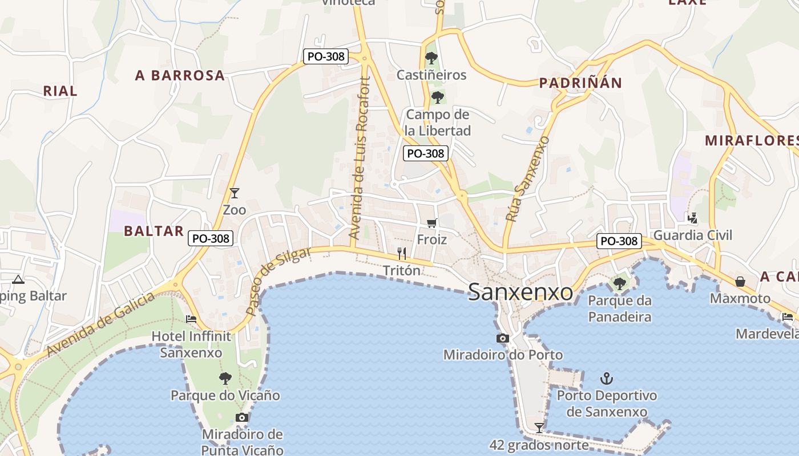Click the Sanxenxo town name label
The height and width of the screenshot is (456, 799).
(520, 292)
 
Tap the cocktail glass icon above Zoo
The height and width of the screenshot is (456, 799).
(234, 193)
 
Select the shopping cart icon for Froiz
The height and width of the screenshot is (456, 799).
(431, 223)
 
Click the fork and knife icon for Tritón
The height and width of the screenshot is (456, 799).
(402, 254)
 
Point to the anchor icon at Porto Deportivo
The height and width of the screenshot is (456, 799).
(607, 378)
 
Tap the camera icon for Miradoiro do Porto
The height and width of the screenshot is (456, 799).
(502, 339)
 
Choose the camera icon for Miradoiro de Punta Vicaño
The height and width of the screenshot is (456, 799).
(242, 418)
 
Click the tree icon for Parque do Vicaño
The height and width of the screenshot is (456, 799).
(225, 378)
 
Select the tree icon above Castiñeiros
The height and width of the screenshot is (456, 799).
(431, 58)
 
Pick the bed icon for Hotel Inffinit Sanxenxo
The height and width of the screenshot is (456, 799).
(191, 319)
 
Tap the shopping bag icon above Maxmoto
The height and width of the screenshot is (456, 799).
(740, 282)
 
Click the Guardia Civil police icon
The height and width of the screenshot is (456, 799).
(693, 218)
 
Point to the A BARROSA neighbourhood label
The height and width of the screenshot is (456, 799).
(180, 75)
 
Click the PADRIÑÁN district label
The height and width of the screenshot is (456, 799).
(580, 83)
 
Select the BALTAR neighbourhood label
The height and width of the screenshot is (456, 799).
(154, 231)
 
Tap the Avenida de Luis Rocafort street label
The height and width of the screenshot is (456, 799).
(361, 158)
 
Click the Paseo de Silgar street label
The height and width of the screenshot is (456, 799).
(279, 280)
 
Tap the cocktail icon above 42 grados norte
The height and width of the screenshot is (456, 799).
(539, 427)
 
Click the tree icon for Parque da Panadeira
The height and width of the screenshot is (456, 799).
(619, 283)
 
